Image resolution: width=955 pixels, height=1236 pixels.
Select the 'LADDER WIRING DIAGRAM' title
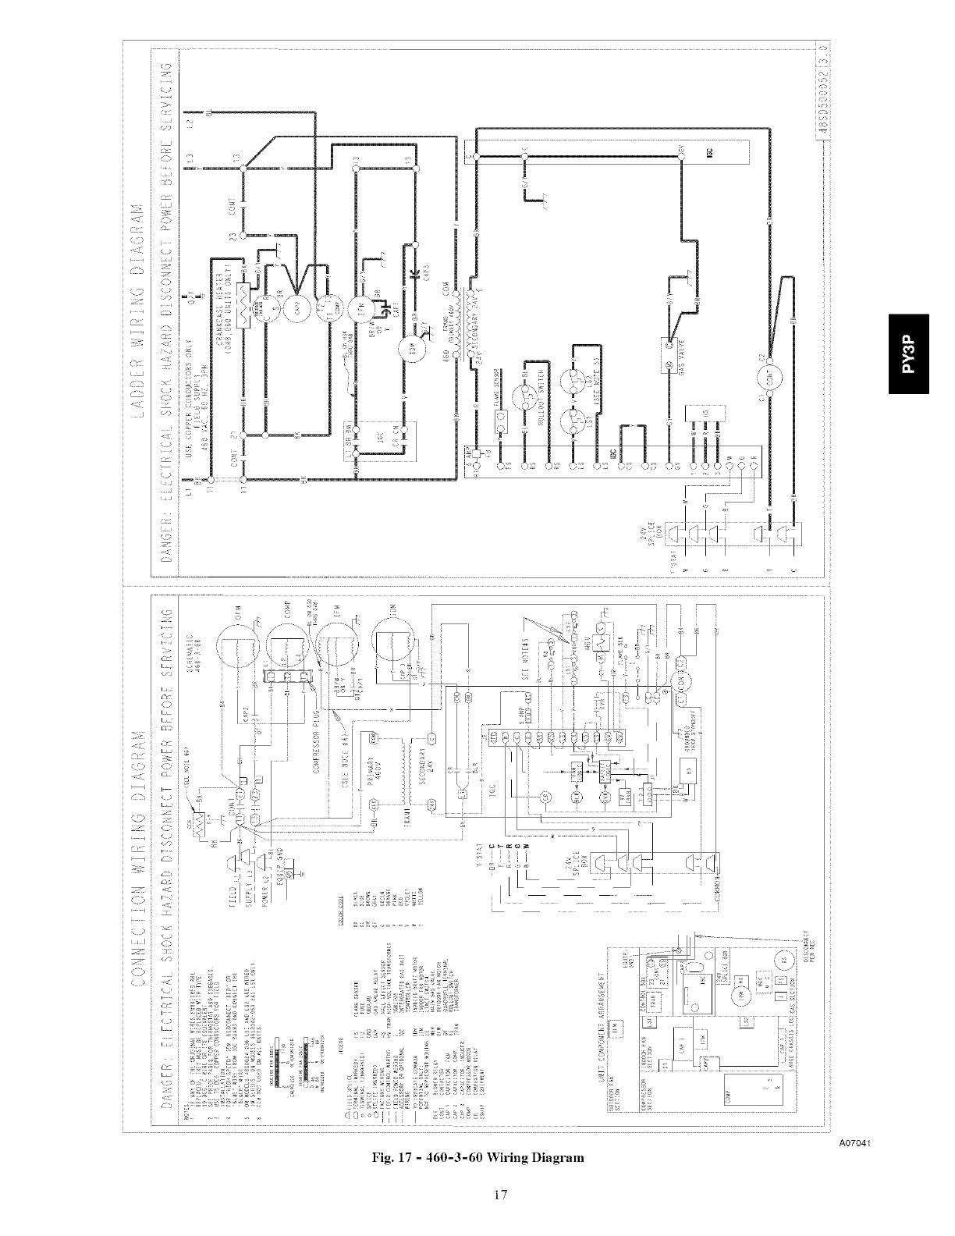[x=141, y=313]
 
